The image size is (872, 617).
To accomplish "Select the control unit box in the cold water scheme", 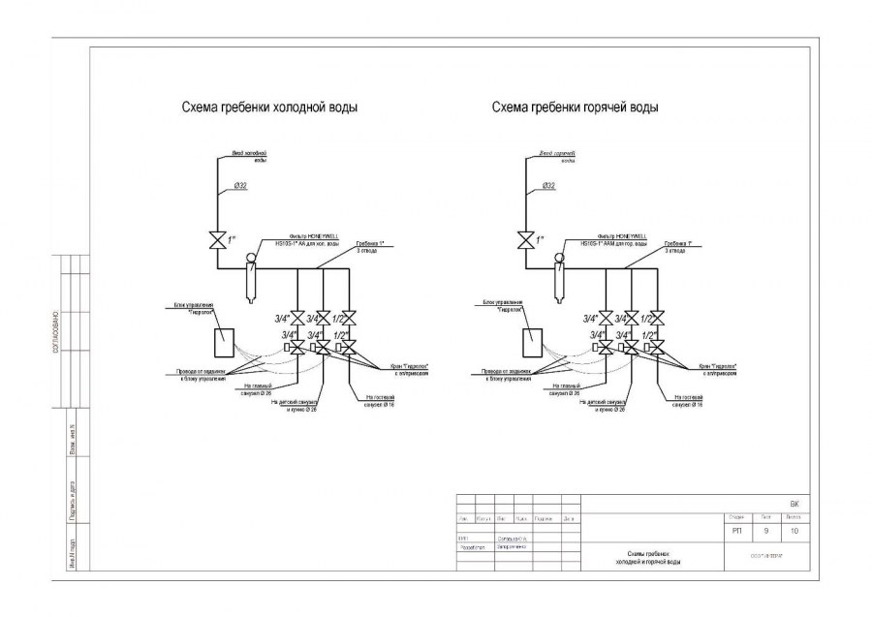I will [222, 341].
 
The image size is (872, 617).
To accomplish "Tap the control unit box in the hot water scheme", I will [532, 341].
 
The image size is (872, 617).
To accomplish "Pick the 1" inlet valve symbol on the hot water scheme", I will [526, 239].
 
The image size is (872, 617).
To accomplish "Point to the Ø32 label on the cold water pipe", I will [239, 184].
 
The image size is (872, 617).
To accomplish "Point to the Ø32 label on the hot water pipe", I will [548, 184].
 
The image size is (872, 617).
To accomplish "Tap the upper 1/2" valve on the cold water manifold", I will [350, 318].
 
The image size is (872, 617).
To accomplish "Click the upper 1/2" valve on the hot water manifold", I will [658, 318].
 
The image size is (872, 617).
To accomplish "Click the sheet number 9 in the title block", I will [765, 531].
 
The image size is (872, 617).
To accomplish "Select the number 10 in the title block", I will [794, 531].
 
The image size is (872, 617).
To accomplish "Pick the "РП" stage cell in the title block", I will [735, 531].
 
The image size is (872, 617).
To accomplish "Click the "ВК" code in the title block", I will [794, 505].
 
